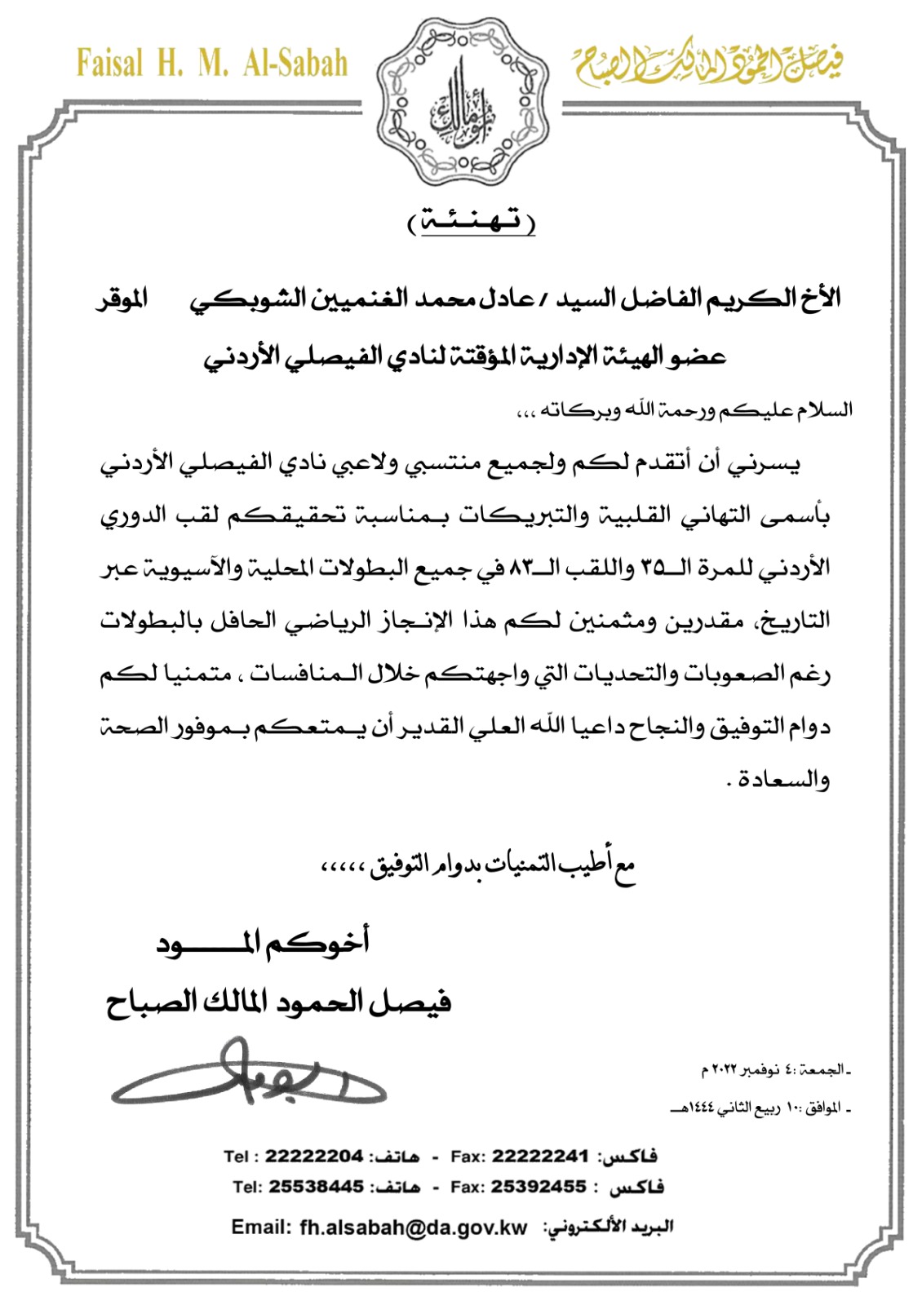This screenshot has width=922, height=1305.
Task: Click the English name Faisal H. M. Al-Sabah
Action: [x=212, y=64]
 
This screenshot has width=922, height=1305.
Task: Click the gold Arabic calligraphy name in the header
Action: [x=708, y=63]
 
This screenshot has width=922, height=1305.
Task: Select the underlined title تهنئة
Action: [x=472, y=221]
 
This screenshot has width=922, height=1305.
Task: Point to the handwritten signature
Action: [x=248, y=1078]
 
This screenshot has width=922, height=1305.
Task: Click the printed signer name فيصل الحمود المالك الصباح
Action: [x=278, y=1001]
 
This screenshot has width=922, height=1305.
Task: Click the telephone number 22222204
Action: [x=313, y=1156]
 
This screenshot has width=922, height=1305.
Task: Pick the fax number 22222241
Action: [x=540, y=1156]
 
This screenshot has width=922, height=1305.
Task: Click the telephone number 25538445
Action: [x=316, y=1187]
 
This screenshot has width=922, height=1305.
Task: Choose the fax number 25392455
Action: [x=539, y=1187]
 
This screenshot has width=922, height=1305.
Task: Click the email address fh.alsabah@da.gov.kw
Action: [x=414, y=1228]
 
